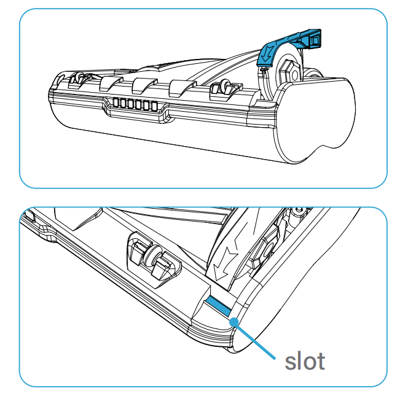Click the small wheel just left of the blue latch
tap(222, 89)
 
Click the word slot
tap(304, 361)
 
